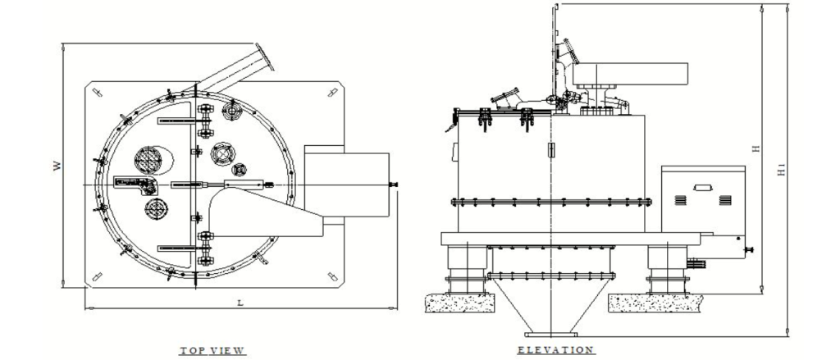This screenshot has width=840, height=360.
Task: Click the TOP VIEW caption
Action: tap(212, 351)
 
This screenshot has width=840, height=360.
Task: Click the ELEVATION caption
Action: tap(556, 350)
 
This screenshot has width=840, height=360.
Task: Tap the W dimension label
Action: tap(57, 166)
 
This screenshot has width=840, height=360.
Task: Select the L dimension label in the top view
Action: tap(240, 303)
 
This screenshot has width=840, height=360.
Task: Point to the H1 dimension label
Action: tap(781, 171)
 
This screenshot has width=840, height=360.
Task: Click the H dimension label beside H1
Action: tap(756, 148)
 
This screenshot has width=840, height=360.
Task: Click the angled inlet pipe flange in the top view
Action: tap(265, 57)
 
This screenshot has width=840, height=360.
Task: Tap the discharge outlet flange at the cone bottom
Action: tap(550, 335)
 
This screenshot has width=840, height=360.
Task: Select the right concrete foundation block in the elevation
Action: tap(654, 303)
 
